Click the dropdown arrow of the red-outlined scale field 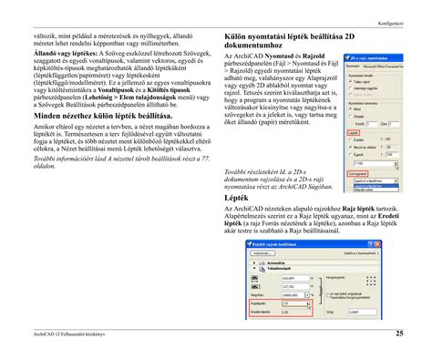[309, 303]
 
